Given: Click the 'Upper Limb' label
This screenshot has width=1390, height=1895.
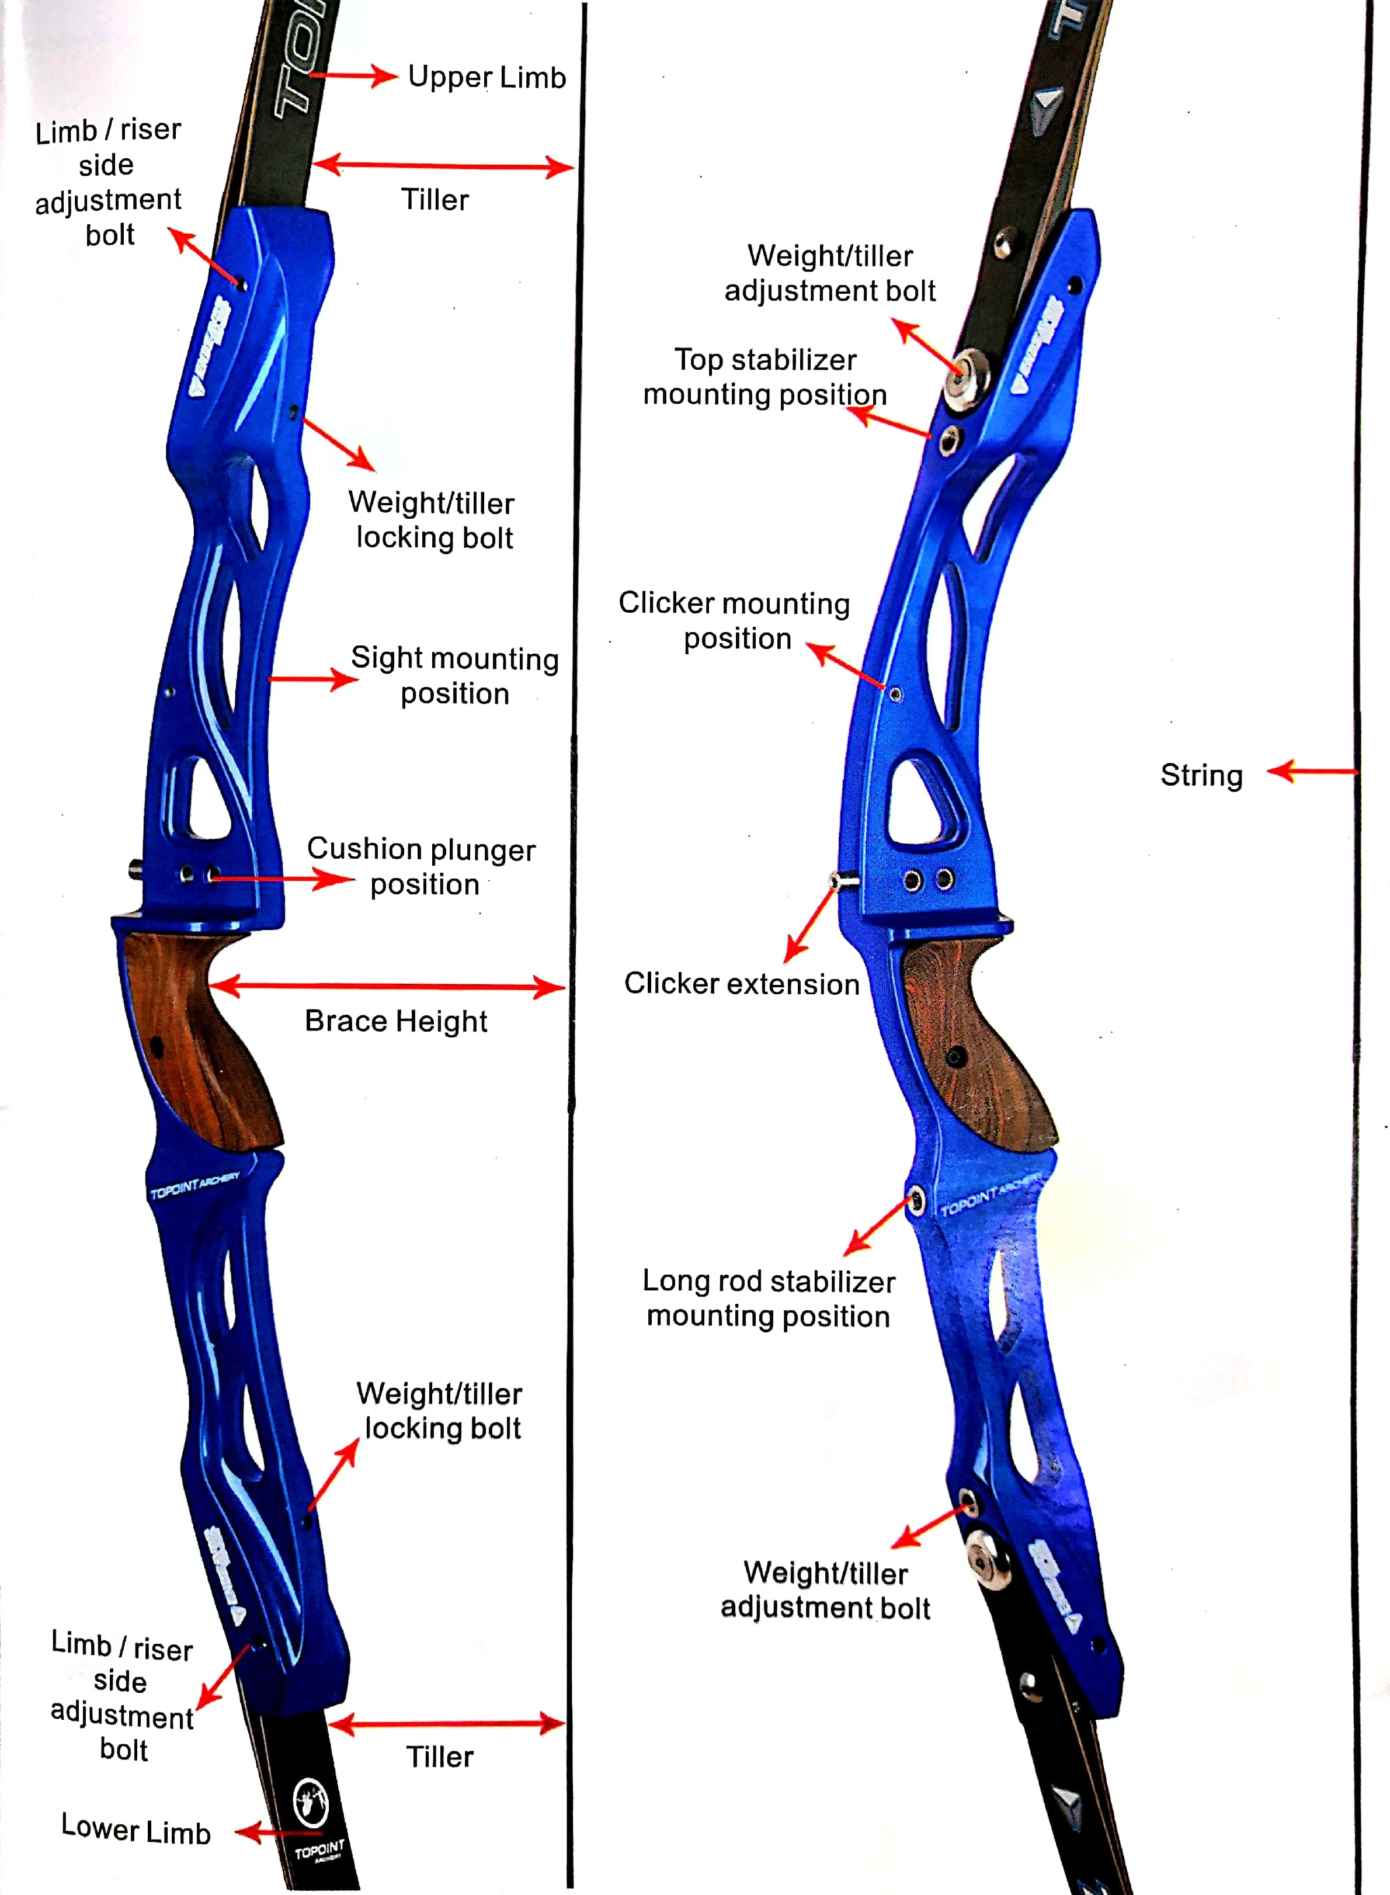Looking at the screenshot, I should click(487, 78).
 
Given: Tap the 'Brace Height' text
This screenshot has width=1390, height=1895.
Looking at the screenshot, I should click(395, 1021).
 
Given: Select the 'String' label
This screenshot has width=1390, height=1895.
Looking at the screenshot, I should click(1201, 775).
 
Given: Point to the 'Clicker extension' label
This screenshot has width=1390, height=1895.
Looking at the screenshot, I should click(741, 984).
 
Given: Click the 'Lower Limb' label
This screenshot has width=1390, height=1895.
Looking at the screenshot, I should click(135, 1830).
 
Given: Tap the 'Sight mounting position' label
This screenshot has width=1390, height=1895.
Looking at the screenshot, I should click(454, 676).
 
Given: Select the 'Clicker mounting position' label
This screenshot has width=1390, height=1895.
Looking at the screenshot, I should click(735, 620).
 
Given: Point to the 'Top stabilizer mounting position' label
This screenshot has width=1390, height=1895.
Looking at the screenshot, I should click(765, 377).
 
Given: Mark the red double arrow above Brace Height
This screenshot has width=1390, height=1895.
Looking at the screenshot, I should click(387, 986).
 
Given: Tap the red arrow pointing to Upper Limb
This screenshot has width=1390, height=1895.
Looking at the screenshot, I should click(357, 76).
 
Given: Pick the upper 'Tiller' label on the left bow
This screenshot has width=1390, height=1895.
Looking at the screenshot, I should click(434, 200).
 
